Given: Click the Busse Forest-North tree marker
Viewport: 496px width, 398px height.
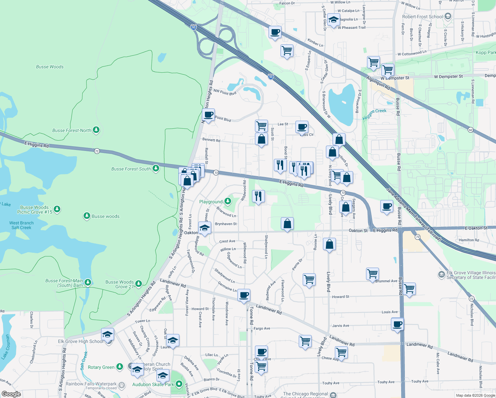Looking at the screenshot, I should [96, 130].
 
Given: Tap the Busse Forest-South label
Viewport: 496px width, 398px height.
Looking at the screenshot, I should [131, 169].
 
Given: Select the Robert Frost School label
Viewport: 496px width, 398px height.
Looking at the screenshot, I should [422, 17].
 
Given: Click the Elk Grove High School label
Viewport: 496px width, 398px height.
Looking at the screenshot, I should [81, 341].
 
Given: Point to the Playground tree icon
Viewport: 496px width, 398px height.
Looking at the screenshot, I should [227, 201].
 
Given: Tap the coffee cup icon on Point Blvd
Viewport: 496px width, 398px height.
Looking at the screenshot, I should [208, 115].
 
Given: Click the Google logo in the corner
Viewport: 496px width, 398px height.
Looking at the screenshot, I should [11, 394].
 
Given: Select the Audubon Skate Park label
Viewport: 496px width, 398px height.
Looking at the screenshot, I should [153, 384].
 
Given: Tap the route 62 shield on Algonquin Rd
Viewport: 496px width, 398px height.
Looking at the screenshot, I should [470, 130].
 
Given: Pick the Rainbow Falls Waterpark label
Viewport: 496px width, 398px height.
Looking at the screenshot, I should [91, 384].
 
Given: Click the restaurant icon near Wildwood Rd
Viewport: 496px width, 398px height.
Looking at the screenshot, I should [258, 196].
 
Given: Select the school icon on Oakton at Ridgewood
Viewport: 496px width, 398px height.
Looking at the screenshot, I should [205, 229].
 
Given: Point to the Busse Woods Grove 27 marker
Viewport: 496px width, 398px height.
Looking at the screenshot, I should [139, 284].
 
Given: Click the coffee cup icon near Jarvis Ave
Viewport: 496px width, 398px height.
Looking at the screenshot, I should [397, 324].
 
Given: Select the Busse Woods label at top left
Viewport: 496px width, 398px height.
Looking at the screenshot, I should [50, 67].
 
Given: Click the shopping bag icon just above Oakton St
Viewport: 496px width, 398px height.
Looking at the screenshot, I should [287, 224].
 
